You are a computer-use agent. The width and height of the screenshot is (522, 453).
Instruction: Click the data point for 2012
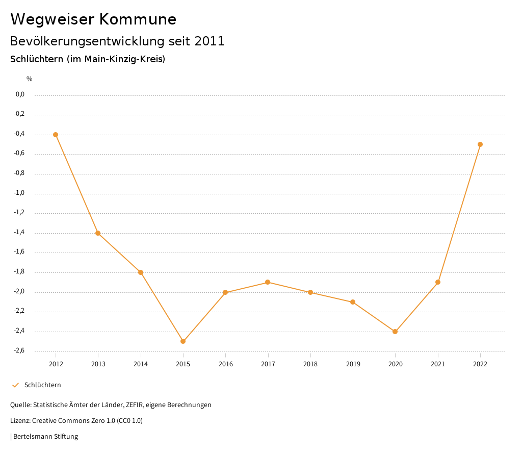56,135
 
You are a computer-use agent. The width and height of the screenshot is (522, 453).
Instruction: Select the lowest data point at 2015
183,341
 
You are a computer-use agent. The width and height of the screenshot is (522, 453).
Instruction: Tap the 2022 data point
480,144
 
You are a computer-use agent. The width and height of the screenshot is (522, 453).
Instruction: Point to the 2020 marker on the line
395,332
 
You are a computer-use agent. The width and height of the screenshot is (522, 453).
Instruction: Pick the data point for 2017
268,282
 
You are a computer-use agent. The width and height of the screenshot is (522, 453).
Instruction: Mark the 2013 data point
98,233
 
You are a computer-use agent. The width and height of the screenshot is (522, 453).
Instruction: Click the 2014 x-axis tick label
141,364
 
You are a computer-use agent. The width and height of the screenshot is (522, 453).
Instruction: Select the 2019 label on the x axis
353,364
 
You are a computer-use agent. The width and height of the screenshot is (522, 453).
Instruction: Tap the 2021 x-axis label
438,364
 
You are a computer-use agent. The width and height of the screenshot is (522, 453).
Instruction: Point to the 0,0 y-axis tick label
20,94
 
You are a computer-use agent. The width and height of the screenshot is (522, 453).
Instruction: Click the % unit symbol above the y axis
30,79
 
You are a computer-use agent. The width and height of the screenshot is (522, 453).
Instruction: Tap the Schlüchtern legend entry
42,385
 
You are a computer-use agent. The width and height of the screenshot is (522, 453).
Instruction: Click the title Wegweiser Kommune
93,19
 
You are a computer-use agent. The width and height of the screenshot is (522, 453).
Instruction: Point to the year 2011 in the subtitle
210,41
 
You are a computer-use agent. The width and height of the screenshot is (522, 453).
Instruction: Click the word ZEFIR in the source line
133,405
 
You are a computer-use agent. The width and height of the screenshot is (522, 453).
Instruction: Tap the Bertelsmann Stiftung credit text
45,436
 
